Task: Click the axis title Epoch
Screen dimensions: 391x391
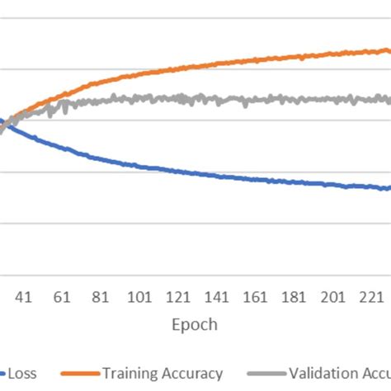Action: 195,324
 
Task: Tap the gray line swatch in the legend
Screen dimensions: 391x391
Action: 265,375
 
